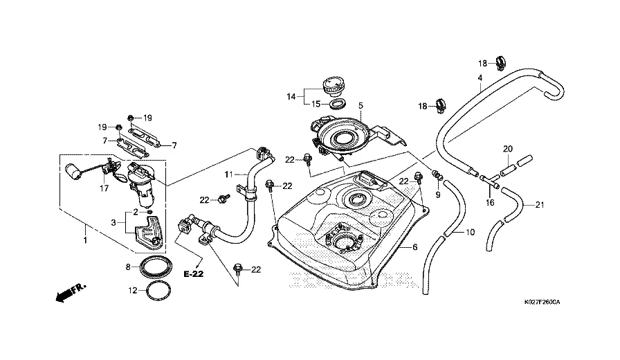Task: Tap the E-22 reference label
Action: click(x=194, y=274)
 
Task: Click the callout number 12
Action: click(x=131, y=291)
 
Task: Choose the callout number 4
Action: click(x=480, y=78)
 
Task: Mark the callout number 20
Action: click(x=507, y=149)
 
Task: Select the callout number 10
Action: click(x=470, y=232)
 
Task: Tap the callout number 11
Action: click(x=227, y=173)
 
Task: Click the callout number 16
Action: click(x=490, y=204)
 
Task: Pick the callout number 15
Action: click(x=315, y=105)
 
